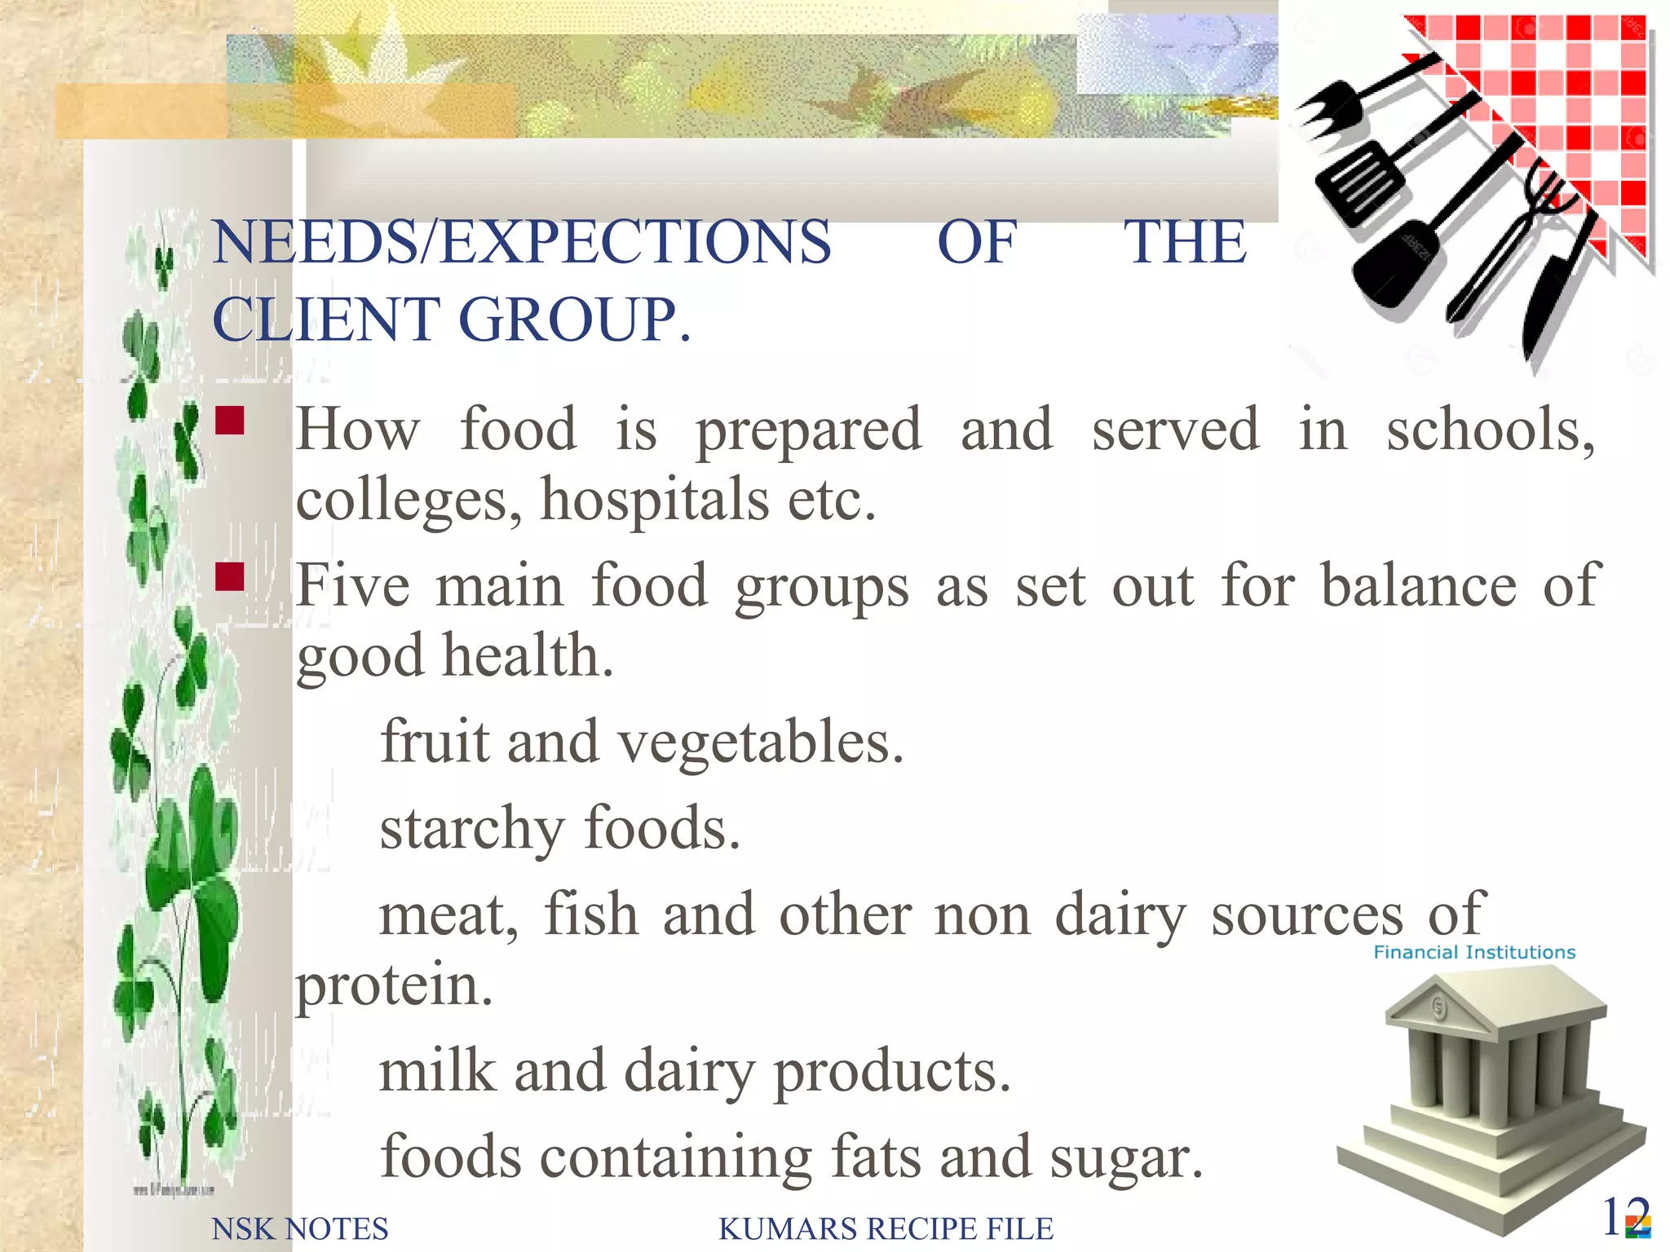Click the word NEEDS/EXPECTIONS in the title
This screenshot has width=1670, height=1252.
(522, 243)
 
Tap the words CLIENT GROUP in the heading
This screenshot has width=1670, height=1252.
(451, 320)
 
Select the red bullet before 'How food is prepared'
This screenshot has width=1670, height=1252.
(230, 421)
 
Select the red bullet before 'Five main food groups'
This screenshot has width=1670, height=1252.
(230, 576)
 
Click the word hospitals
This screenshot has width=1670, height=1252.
(655, 500)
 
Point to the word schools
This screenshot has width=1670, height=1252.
(1489, 430)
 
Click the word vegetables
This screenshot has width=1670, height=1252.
(760, 743)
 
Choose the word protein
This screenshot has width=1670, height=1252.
(394, 985)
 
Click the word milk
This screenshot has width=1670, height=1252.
(437, 1070)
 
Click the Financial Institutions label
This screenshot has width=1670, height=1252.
(1474, 952)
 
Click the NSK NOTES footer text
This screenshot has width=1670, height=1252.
(299, 1228)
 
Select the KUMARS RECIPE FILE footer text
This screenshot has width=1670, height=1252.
(886, 1228)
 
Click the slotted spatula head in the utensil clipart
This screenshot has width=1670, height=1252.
(1361, 182)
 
